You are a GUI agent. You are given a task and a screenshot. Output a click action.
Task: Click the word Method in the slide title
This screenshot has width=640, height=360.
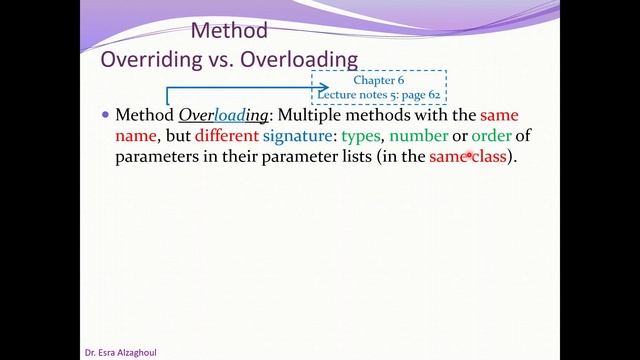[229, 30]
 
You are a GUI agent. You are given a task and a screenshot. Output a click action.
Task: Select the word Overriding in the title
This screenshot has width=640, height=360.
[149, 57]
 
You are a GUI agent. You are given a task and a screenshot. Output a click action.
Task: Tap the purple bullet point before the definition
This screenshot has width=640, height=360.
[105, 114]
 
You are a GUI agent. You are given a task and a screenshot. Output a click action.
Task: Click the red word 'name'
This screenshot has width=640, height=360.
[136, 136]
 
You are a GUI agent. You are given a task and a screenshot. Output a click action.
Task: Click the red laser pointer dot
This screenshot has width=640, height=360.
[469, 157]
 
